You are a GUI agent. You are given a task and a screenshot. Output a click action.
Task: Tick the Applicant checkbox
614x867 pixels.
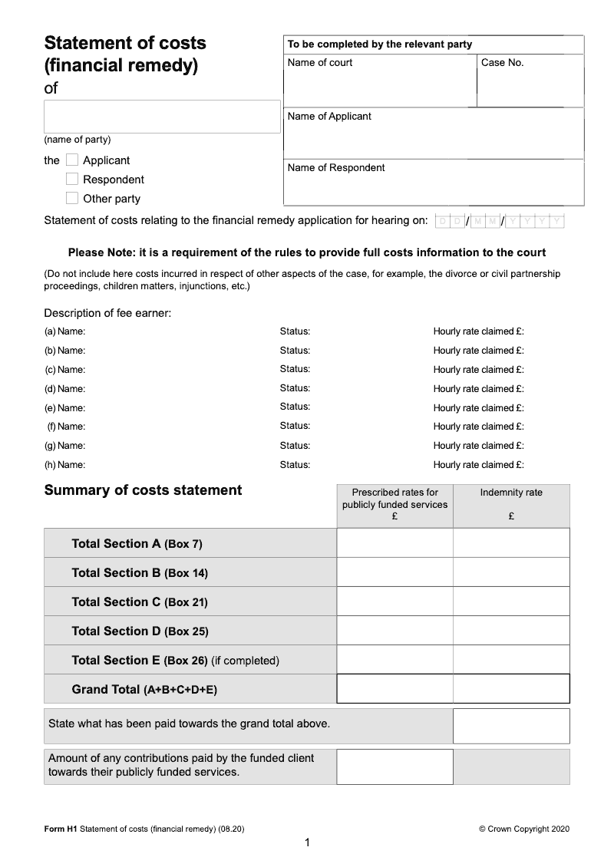pos(72,160)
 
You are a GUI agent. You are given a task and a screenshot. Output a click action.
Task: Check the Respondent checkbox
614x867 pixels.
pos(72,179)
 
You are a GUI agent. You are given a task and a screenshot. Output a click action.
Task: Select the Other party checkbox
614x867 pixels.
pos(72,198)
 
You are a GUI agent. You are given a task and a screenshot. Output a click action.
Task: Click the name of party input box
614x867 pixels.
pos(162,117)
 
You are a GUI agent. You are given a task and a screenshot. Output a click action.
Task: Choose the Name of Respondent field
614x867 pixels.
pos(434,188)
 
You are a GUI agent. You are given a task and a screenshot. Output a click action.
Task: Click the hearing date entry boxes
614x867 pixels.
pos(500,222)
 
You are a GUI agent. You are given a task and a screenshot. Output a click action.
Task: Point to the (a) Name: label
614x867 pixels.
pos(65,331)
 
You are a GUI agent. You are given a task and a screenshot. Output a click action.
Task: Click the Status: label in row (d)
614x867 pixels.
pos(295,388)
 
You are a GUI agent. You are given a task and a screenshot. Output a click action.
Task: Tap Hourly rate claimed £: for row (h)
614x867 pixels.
pos(478,464)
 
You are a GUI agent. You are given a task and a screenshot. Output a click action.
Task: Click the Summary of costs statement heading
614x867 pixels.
pos(143,490)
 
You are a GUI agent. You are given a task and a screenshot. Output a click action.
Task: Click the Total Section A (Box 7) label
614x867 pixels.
pos(137,543)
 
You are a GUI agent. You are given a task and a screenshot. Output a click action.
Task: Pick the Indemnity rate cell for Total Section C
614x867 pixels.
pos(511,602)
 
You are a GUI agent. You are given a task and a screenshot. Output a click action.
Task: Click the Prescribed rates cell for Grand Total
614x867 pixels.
pos(394,688)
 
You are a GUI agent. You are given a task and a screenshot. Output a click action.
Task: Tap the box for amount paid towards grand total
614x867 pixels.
pos(511,726)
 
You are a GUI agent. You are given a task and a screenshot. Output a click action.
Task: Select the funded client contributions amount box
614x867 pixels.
pos(394,766)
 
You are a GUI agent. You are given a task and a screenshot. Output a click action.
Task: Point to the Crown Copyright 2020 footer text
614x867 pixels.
pos(524,829)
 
